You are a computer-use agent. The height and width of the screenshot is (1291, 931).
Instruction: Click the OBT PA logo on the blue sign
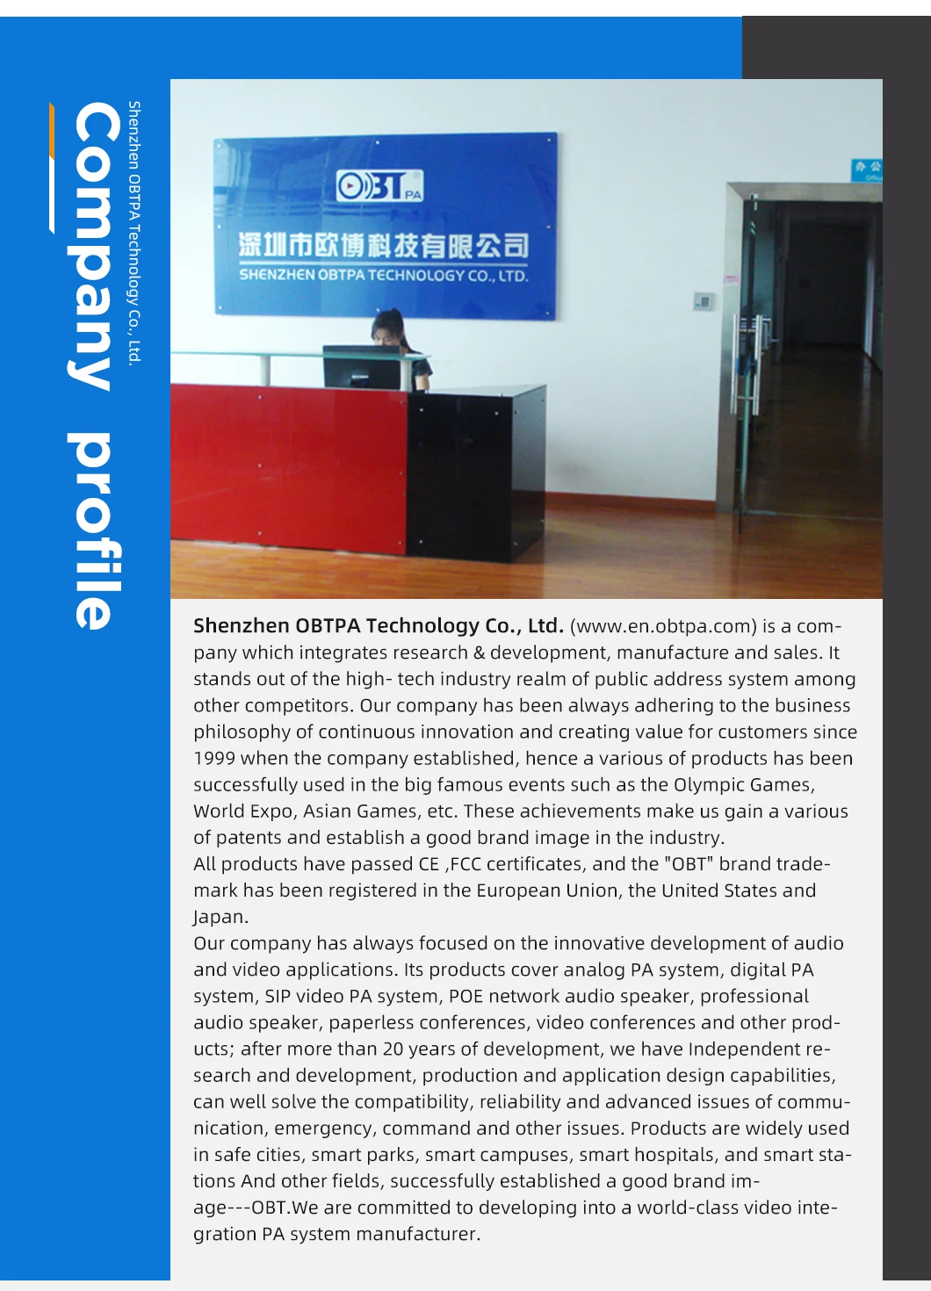(380, 185)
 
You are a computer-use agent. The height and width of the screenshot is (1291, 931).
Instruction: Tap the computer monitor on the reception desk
(362, 367)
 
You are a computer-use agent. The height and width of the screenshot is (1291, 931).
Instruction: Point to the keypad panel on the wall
(703, 301)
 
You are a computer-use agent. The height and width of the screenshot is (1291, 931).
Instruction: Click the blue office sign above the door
(867, 169)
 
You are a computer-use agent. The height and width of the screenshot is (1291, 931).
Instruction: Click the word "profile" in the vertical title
(93, 530)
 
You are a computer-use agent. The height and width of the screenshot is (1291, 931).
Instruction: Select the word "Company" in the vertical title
(93, 246)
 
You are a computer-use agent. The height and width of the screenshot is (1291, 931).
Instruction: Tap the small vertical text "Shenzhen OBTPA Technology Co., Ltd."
(134, 232)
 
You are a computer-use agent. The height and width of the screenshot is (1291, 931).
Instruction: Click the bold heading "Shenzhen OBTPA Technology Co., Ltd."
(378, 626)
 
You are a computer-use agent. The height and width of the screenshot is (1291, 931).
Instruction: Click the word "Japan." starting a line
(220, 917)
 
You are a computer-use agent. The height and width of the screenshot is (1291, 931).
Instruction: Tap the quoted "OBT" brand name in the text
(689, 864)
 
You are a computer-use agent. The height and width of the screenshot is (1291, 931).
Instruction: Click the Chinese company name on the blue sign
(383, 245)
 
